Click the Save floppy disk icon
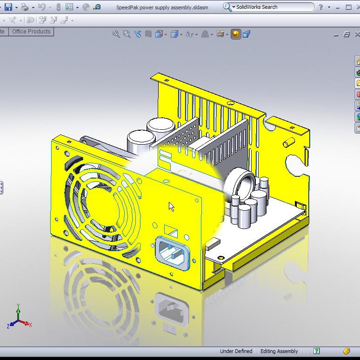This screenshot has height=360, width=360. click(x=8, y=7)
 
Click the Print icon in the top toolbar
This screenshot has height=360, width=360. click(x=25, y=7)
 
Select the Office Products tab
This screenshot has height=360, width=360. click(x=31, y=32)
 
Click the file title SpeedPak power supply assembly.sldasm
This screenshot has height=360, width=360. click(x=162, y=7)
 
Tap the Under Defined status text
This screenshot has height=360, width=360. click(x=236, y=351)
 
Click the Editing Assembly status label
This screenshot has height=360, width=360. click(x=279, y=351)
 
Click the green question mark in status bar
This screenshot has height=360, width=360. click(x=316, y=351)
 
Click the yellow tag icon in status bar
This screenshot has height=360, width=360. click(x=347, y=351)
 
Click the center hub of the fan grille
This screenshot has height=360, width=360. click(x=103, y=201)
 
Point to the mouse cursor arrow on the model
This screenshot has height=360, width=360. click(x=171, y=207)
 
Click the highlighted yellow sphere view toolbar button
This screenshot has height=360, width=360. click(x=236, y=34)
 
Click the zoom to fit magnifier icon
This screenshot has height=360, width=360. click(x=116, y=34)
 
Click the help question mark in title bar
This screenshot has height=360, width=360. click(x=320, y=7)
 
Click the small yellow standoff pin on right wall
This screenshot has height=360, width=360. click(x=290, y=141)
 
